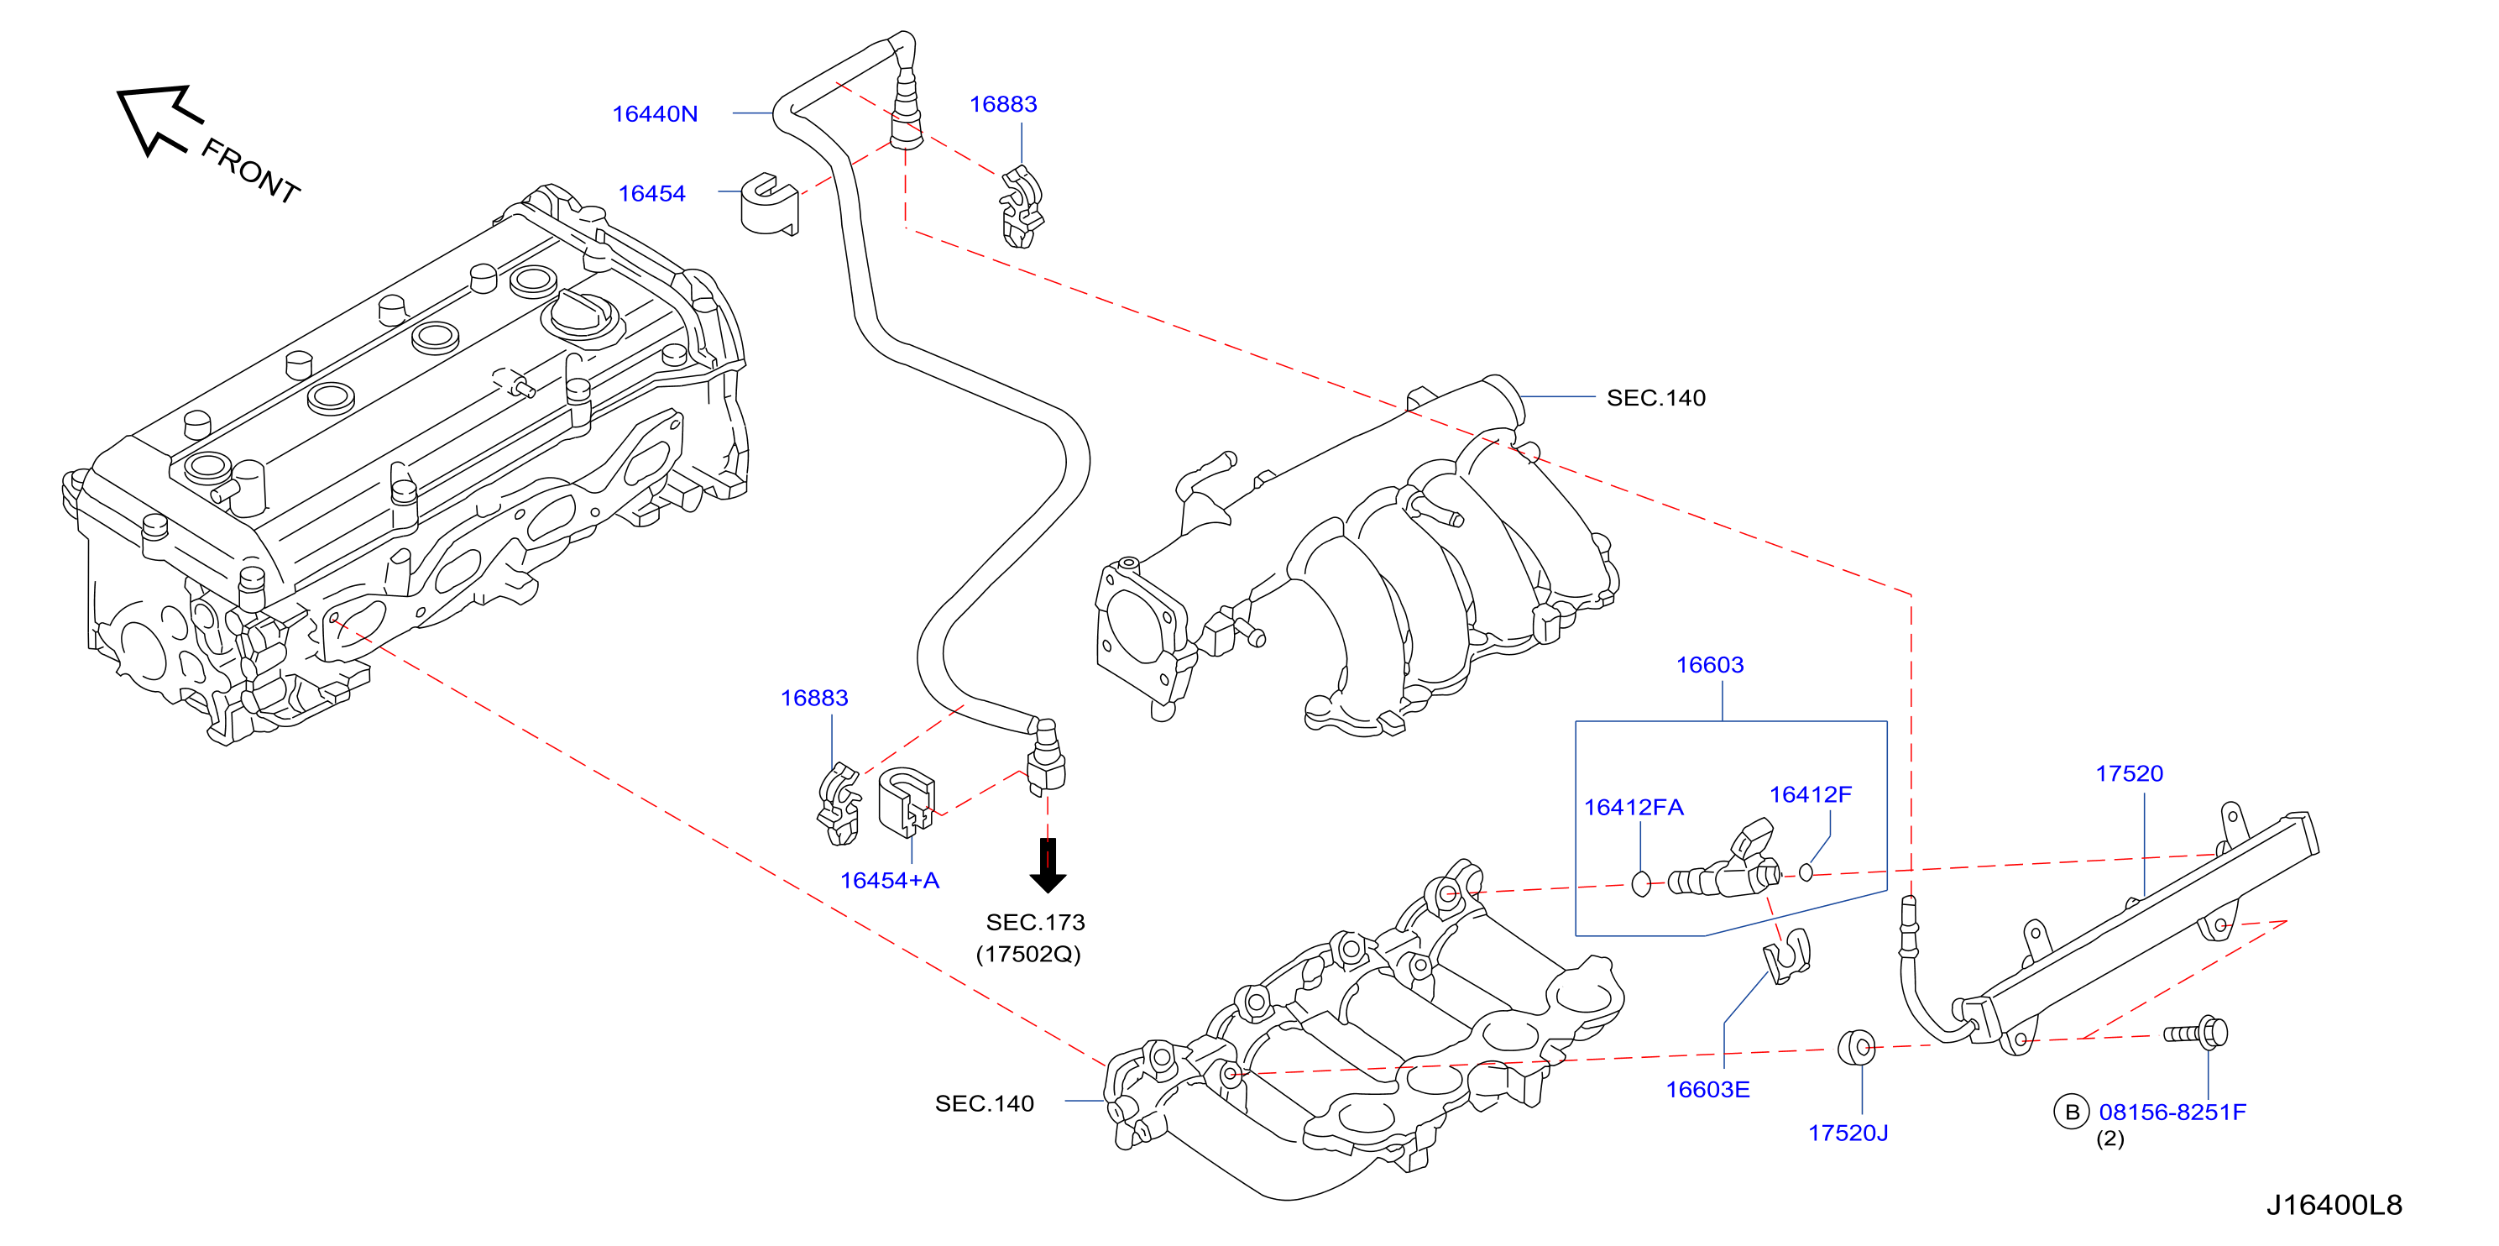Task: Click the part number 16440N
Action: click(x=655, y=113)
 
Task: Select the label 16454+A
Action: click(x=890, y=880)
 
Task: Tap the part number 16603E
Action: click(x=1707, y=1089)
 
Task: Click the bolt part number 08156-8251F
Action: click(x=2172, y=1112)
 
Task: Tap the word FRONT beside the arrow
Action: click(x=250, y=170)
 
